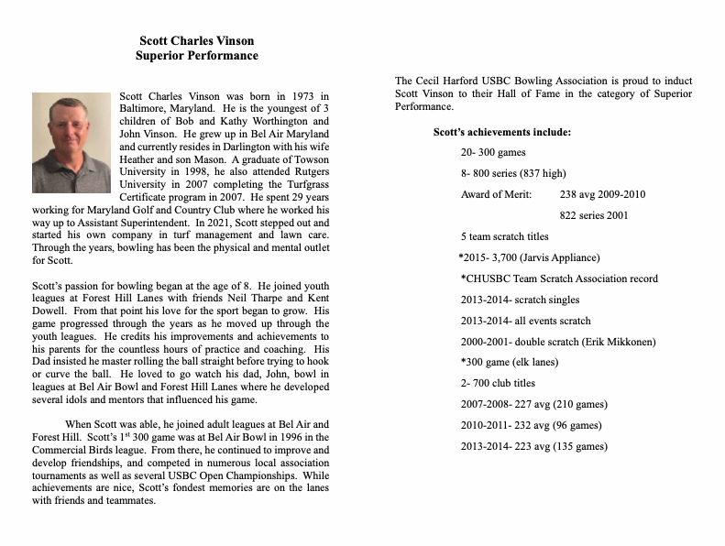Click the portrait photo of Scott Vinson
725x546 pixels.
tap(71, 142)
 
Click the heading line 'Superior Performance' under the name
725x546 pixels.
tap(196, 56)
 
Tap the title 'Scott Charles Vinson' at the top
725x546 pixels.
tap(196, 40)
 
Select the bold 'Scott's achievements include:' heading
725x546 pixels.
tap(501, 133)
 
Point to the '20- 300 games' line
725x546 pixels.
tap(493, 153)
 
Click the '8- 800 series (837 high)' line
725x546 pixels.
tap(513, 174)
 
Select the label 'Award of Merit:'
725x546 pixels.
tap(496, 195)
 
